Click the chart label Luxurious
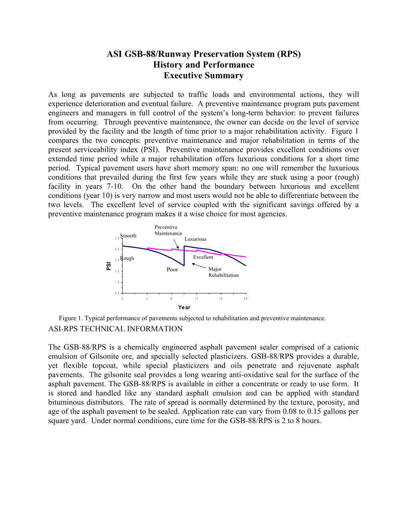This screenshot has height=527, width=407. [196, 239]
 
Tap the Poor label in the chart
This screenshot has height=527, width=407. [172, 269]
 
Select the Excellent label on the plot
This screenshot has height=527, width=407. [203, 257]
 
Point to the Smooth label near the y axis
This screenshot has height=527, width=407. [128, 236]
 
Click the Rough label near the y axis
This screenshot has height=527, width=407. [128, 258]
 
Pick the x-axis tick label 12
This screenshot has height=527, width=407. [197, 299]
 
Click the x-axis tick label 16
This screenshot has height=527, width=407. [221, 299]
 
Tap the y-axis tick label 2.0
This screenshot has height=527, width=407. [117, 271]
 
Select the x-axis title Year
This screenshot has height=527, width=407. [184, 307]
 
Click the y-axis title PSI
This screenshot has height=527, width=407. [109, 266]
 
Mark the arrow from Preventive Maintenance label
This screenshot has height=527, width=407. [176, 244]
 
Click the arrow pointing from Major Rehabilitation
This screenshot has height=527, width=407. [199, 266]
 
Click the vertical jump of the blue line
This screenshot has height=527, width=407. [184, 256]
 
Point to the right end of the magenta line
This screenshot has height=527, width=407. [245, 257]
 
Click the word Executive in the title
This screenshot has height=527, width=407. [182, 76]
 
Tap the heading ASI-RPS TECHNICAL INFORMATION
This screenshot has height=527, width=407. [115, 329]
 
